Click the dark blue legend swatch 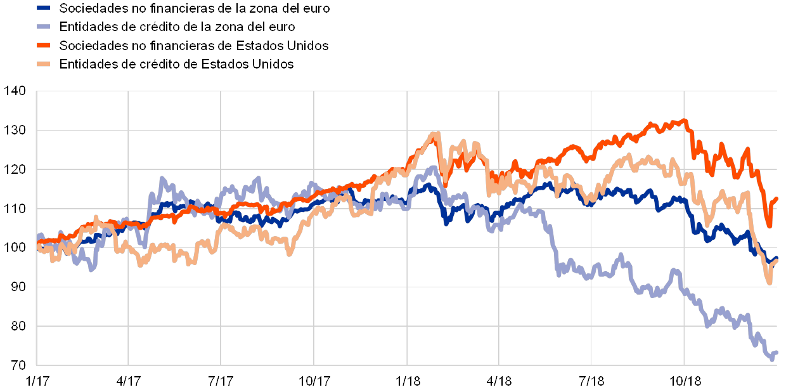click(44, 8)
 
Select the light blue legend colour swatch click(44, 27)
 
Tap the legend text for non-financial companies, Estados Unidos click(194, 46)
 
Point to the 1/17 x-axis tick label click(37, 381)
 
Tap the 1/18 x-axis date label click(407, 381)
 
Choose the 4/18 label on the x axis click(499, 381)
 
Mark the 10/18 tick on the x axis click(685, 381)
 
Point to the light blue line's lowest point click(772, 360)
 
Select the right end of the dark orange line click(777, 198)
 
